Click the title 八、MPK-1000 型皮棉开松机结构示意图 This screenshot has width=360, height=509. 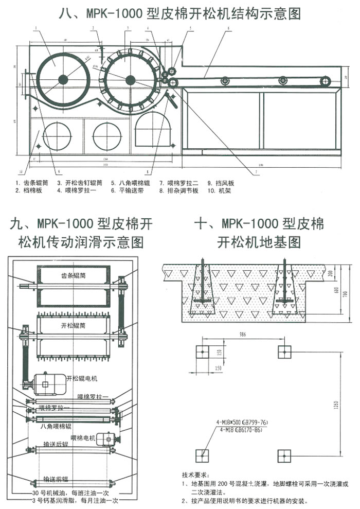[180, 13]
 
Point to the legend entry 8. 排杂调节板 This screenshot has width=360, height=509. [177, 190]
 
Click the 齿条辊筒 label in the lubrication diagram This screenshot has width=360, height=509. [71, 275]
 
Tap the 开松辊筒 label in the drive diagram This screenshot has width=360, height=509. [71, 326]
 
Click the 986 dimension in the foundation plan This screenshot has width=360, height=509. [242, 335]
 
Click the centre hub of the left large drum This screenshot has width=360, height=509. [63, 79]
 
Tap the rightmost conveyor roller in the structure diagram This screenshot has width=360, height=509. [324, 80]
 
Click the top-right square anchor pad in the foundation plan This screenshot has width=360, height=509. [284, 352]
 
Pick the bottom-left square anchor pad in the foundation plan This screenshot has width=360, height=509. [202, 455]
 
